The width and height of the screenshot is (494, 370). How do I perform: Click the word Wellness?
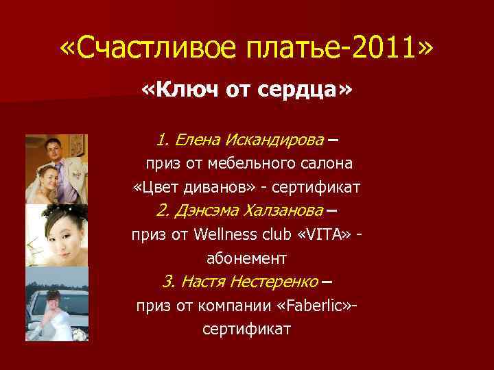pyautogui.click(x=227, y=235)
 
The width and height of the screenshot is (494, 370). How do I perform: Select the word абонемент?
pyautogui.click(x=247, y=258)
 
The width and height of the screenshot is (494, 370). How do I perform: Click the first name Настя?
pyautogui.click(x=205, y=282)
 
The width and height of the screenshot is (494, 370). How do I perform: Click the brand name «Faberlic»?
pyautogui.click(x=322, y=306)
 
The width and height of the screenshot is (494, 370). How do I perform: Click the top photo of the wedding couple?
pyautogui.click(x=57, y=169)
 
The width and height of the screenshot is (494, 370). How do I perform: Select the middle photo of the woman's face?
pyautogui.click(x=57, y=235)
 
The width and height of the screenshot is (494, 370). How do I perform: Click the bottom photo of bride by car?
pyautogui.click(x=57, y=304)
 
